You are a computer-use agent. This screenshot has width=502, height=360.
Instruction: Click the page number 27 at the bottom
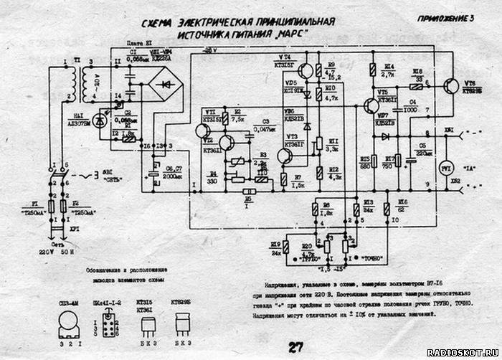coord(294,347)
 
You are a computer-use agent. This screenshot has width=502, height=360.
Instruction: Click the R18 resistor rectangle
coord(416,83)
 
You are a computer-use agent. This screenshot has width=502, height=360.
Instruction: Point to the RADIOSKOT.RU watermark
coord(463,353)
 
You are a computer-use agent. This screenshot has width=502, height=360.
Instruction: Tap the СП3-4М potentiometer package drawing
coord(69,327)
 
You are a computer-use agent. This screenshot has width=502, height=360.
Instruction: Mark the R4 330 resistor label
coord(213,179)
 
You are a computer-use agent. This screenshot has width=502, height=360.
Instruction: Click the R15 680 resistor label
coord(364,161)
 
